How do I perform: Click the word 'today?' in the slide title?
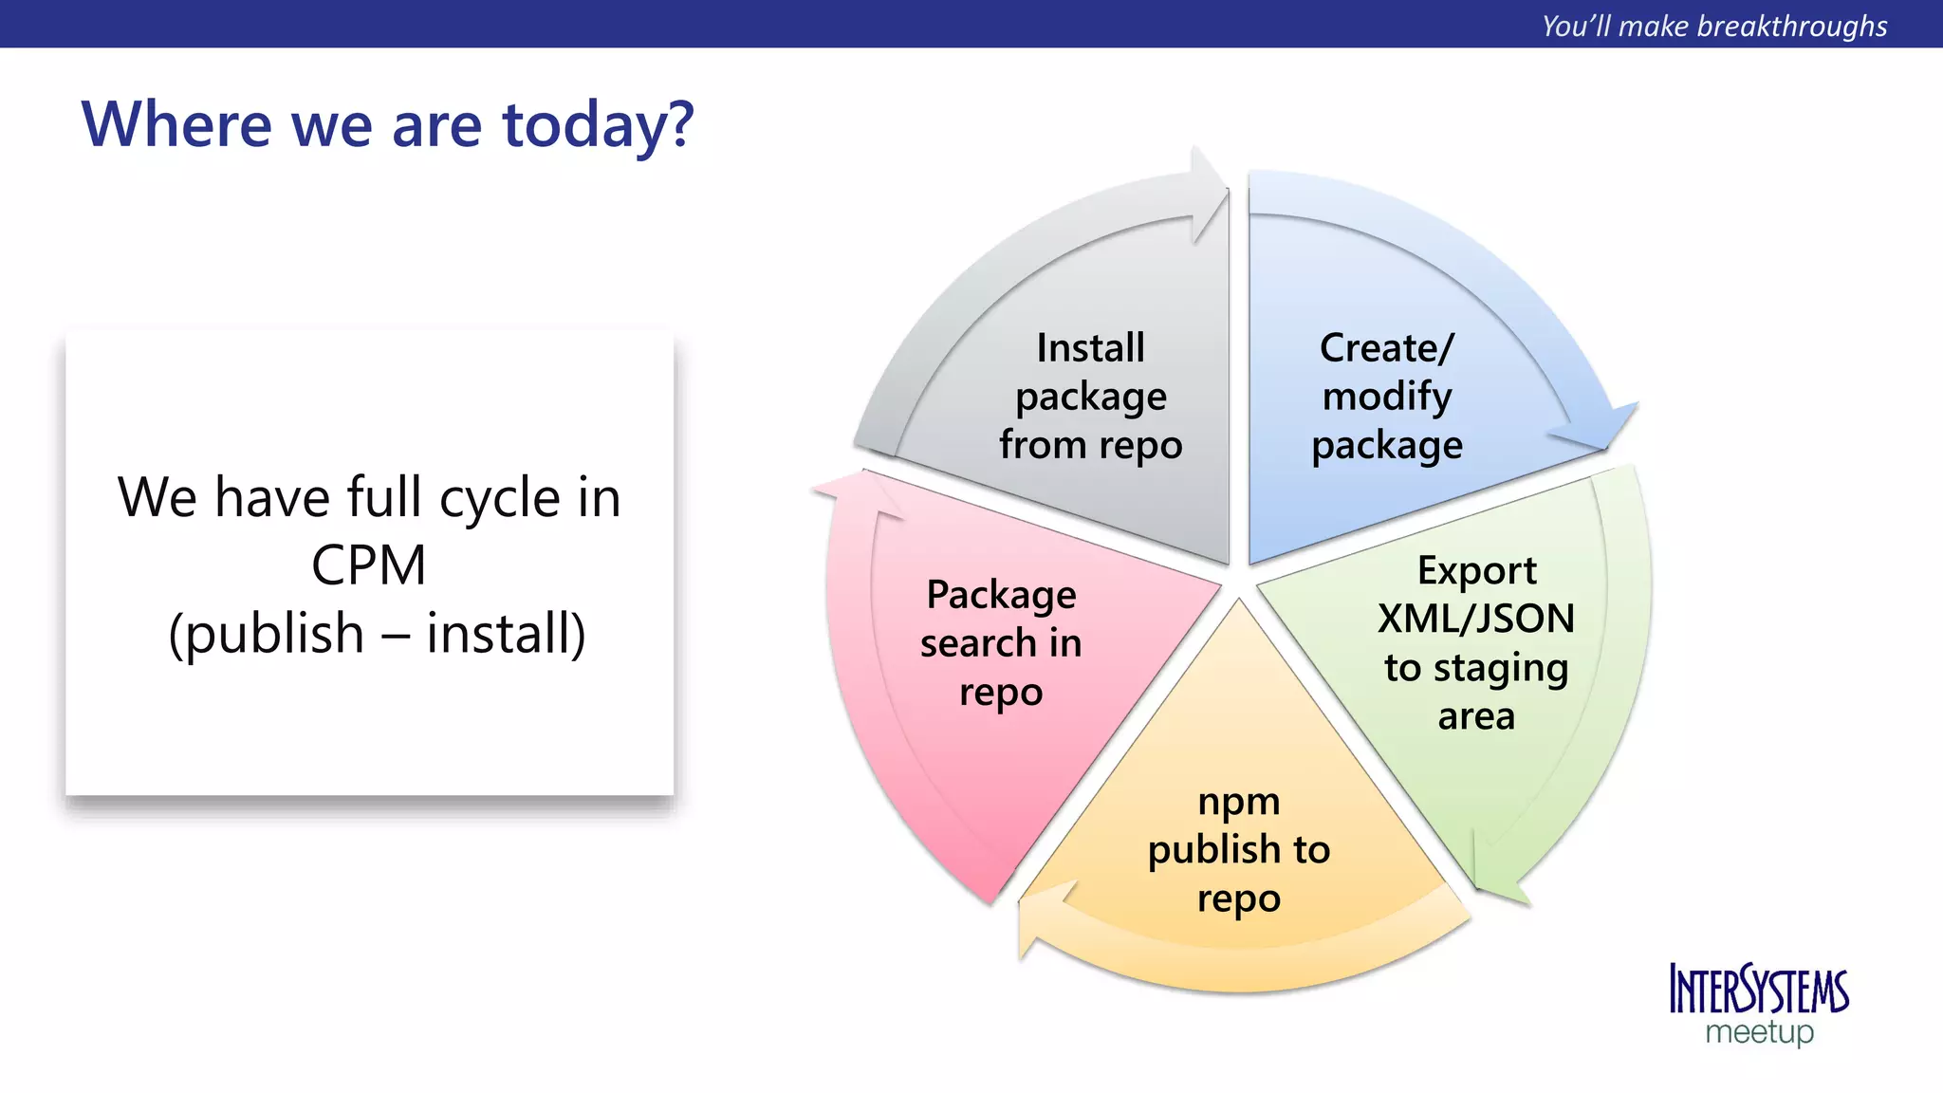click(x=598, y=125)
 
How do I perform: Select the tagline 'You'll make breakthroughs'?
click(x=1714, y=26)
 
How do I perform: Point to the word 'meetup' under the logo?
click(x=1759, y=1032)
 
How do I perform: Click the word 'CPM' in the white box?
click(x=368, y=565)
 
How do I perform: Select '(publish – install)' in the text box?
click(x=377, y=634)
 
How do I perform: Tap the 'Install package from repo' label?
click(x=1090, y=397)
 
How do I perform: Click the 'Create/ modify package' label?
click(x=1386, y=397)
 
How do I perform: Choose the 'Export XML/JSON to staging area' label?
click(x=1475, y=643)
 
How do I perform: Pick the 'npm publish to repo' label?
click(x=1238, y=850)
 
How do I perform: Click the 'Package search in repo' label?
click(x=1001, y=643)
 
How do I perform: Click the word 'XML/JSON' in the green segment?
click(x=1475, y=619)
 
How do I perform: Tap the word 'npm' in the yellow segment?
click(x=1238, y=802)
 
